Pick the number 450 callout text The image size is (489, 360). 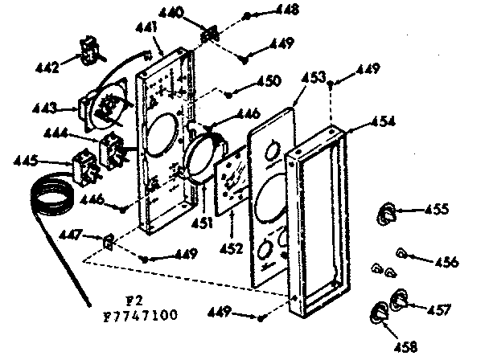(268, 80)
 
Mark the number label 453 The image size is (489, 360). (314, 77)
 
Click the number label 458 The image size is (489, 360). (406, 346)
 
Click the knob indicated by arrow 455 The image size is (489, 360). (387, 214)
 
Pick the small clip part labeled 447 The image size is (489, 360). (110, 239)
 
